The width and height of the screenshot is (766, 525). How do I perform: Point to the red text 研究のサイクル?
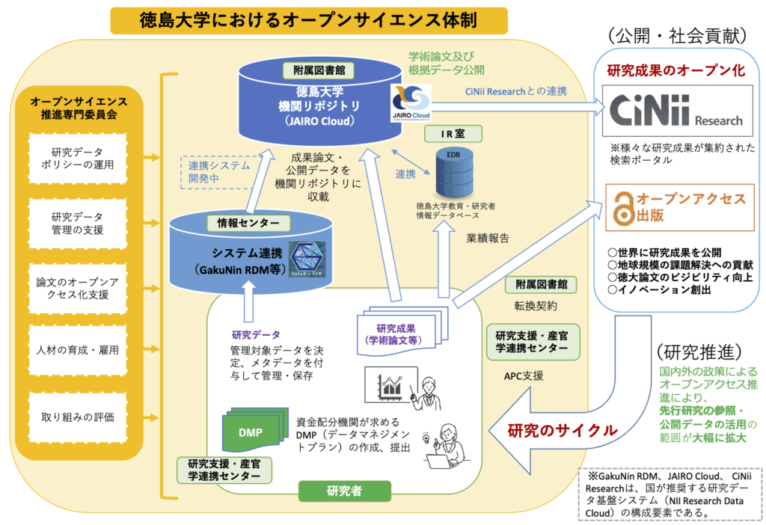click(563, 430)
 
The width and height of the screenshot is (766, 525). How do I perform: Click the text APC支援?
click(524, 375)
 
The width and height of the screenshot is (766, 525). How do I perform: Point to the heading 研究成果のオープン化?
click(675, 72)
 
